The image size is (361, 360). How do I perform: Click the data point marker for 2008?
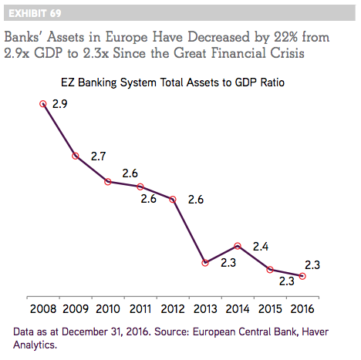(43, 104)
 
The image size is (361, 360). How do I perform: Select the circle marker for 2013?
(205, 263)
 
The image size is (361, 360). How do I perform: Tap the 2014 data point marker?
(238, 246)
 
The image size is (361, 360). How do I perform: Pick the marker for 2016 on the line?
(302, 276)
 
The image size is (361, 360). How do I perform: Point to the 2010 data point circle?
(108, 182)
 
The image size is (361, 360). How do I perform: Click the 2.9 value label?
(59, 104)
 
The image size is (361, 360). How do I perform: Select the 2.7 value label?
(98, 156)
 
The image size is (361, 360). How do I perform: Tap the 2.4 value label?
(261, 247)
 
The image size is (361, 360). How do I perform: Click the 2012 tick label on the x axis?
(173, 309)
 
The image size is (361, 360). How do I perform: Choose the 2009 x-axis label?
(76, 309)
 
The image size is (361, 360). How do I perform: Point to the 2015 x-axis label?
(270, 309)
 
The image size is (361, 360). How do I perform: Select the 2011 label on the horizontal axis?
(140, 309)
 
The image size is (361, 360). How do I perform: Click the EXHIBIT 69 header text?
(35, 13)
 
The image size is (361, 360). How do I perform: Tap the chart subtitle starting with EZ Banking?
(173, 82)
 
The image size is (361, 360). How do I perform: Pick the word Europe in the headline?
(127, 38)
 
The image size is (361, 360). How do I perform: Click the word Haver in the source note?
(315, 331)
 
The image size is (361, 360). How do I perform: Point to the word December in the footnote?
(85, 331)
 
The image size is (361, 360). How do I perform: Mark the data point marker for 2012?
(173, 200)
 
